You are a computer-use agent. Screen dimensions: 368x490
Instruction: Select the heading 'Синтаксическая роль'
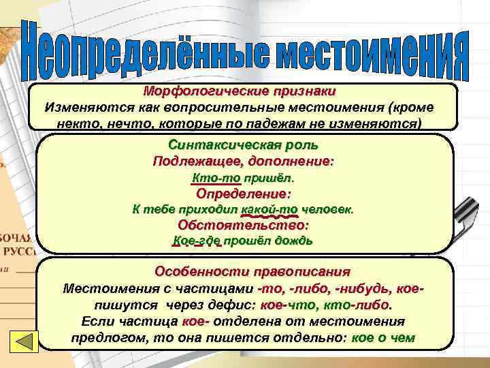coord(243,144)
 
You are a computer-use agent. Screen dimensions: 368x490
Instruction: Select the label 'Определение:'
coord(243,194)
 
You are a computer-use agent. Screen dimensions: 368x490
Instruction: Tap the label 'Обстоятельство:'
coord(243,225)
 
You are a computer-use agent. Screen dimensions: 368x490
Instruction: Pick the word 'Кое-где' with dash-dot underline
coord(197,241)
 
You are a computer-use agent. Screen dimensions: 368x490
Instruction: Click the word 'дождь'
coord(296,241)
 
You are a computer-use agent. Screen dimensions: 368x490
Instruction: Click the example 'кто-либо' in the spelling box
coord(365,305)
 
